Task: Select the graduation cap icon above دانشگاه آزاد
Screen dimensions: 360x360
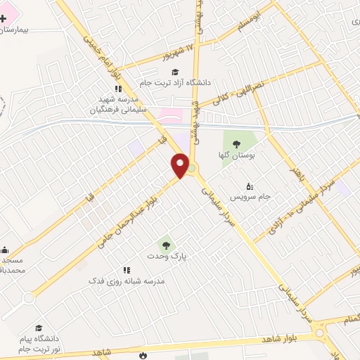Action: pyautogui.click(x=174, y=72)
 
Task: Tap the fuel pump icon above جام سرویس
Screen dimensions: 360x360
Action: pyautogui.click(x=251, y=186)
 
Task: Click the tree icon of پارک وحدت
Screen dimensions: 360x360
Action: pyautogui.click(x=166, y=245)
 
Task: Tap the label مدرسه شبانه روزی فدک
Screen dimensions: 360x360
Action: pyautogui.click(x=126, y=281)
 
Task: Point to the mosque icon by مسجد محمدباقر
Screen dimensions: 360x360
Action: pyautogui.click(x=4, y=250)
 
